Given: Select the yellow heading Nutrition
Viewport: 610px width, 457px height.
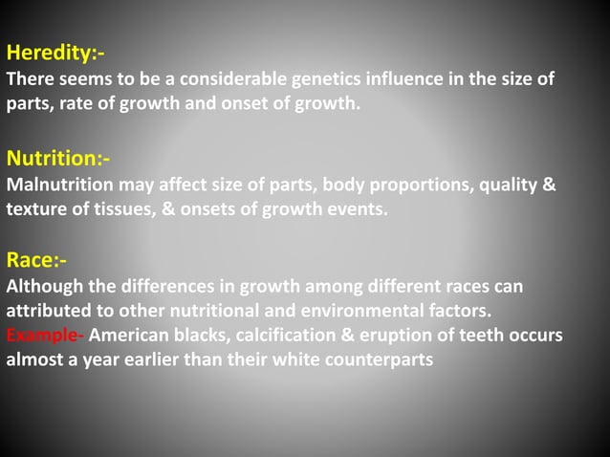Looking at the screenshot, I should [x=58, y=157].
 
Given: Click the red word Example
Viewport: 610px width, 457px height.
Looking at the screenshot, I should [x=45, y=336].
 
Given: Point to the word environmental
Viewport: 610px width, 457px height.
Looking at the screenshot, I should [x=351, y=312].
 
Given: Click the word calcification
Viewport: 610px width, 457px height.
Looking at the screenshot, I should [x=277, y=336].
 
